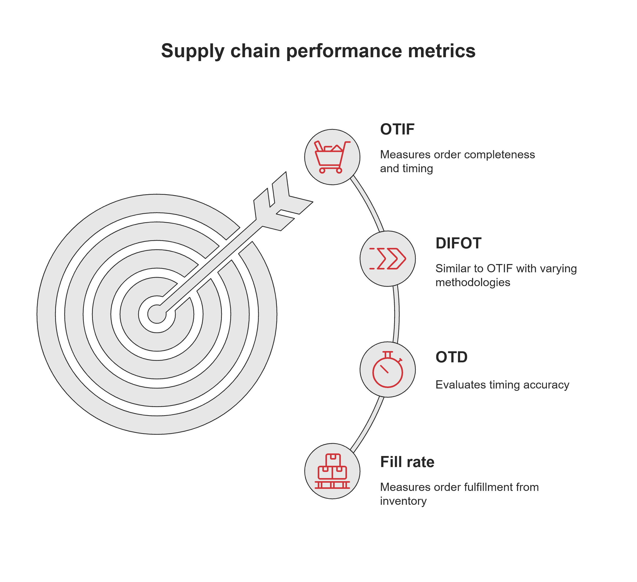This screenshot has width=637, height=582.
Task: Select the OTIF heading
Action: (x=397, y=129)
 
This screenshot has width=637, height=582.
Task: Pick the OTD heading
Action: (x=451, y=357)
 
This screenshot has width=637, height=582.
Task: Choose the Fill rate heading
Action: (x=407, y=462)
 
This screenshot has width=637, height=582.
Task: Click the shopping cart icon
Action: (x=332, y=157)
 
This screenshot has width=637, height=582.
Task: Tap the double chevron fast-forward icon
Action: (x=388, y=259)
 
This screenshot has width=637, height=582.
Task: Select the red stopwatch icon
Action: (x=388, y=369)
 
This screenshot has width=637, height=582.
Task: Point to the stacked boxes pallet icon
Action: (x=332, y=471)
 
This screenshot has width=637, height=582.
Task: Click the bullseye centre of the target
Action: (x=157, y=314)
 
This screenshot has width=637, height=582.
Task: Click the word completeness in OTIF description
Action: (x=499, y=154)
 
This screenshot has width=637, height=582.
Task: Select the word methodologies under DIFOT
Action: (x=473, y=282)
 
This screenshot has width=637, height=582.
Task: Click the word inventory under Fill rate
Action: (x=403, y=501)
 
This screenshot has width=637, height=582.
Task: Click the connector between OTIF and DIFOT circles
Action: (x=369, y=204)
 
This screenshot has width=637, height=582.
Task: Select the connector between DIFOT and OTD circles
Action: (x=396, y=314)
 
